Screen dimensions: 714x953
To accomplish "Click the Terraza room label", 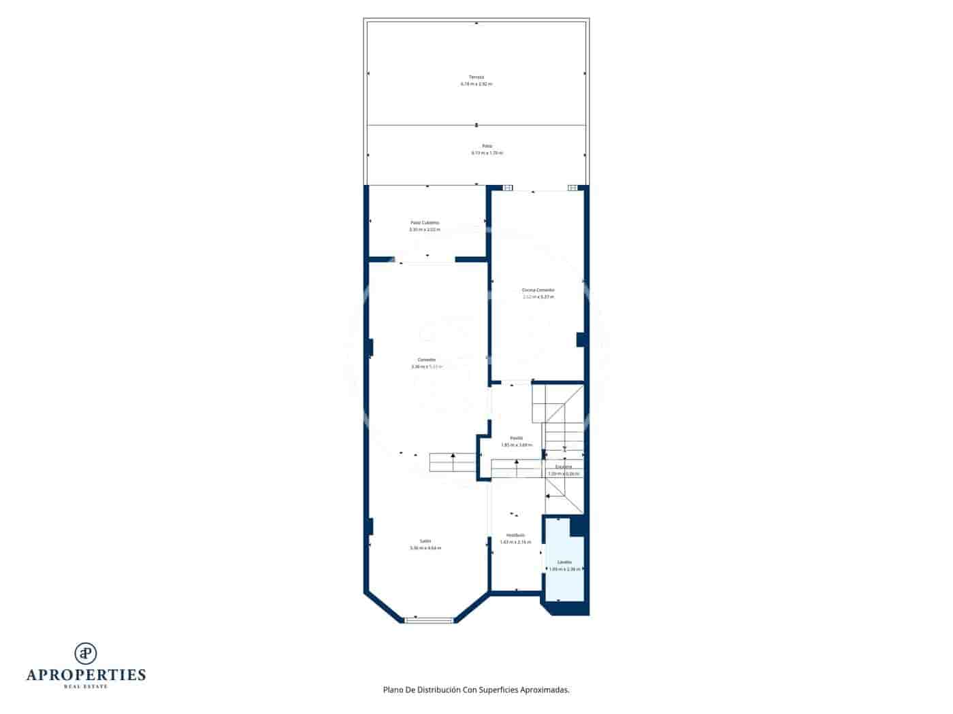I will [476, 77].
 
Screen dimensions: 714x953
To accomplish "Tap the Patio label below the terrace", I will [487, 146].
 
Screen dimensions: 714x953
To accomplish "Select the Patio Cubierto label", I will [425, 222].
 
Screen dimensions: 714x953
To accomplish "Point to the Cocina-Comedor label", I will [538, 290].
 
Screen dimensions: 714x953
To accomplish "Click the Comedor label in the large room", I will [427, 360].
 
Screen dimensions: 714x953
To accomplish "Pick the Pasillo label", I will [517, 438].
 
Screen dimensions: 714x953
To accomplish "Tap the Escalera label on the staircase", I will [564, 467].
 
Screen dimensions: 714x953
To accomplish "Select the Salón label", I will [425, 541].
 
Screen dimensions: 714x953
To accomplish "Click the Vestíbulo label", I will [515, 535].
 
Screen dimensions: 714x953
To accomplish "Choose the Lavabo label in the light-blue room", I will [564, 562].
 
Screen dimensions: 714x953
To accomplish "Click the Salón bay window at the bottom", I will [429, 620].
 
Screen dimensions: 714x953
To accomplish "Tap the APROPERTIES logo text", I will [86, 675].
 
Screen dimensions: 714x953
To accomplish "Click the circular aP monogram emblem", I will [86, 653].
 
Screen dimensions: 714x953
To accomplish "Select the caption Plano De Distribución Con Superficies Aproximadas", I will [476, 690].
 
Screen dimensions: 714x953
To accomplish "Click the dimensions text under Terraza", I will [476, 84].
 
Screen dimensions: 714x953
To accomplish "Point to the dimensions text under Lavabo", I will [564, 569].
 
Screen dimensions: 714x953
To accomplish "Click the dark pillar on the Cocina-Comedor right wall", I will [581, 339].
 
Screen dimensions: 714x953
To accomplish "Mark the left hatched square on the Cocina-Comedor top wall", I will [508, 188].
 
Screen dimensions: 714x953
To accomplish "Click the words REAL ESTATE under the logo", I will [86, 687].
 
